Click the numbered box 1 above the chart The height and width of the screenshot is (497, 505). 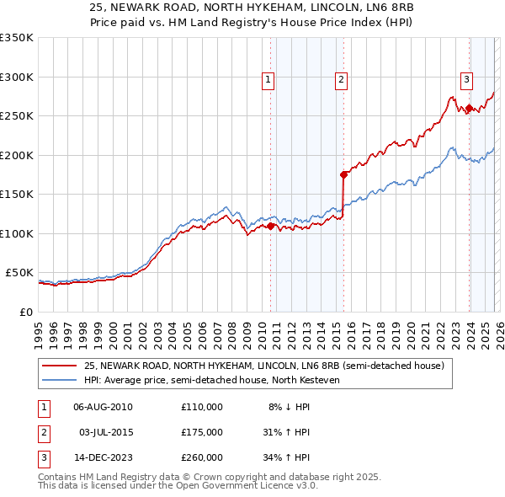coord(268,80)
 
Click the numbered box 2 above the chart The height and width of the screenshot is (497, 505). coord(342,80)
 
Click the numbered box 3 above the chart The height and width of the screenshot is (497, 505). coord(465,80)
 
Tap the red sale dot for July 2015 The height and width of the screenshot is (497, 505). coord(343,175)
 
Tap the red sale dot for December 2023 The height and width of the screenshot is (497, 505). coord(469,108)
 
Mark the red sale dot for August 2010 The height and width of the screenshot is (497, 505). coord(270,226)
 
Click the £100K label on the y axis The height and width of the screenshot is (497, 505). coord(17,233)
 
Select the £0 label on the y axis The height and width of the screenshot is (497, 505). coord(25,312)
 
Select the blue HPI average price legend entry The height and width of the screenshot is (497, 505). coord(210,380)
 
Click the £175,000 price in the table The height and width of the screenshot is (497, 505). coord(202,432)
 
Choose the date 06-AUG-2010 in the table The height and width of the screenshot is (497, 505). coord(103,407)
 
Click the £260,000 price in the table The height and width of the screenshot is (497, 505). coord(202,457)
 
